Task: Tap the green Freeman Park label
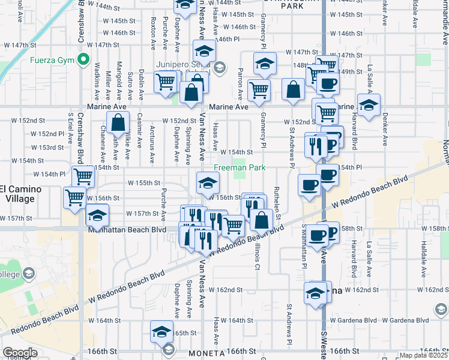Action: point(240,167)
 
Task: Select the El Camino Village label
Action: point(20,194)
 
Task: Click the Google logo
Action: point(20,353)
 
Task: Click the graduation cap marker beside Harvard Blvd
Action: point(369,103)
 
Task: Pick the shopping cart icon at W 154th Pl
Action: point(83,176)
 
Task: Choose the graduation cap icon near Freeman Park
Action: point(208,182)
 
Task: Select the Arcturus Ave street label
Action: point(152,138)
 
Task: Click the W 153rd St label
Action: point(47,147)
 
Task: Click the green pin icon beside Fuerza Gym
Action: point(83,61)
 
